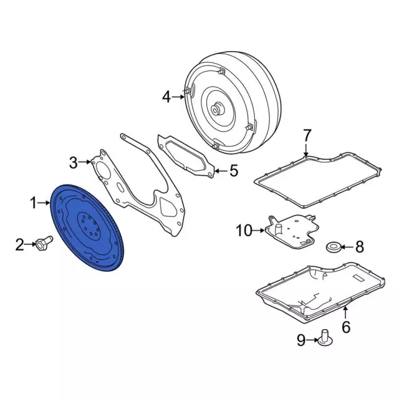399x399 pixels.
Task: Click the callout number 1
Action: tap(33, 203)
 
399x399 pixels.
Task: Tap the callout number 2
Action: tap(19, 244)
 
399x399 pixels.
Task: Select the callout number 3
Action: tap(74, 163)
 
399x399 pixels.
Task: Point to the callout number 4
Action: tap(166, 97)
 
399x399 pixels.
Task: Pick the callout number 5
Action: tap(234, 170)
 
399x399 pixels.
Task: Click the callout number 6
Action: tap(346, 327)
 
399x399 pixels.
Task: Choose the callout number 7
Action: tap(307, 135)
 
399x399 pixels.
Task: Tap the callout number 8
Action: tap(360, 247)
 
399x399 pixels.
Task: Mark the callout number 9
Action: tap(301, 340)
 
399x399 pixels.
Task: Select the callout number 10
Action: tap(244, 231)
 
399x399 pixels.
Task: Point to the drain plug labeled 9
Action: tap(325, 338)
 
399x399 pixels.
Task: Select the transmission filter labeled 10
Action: tap(292, 230)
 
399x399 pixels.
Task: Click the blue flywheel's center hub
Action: tap(90, 224)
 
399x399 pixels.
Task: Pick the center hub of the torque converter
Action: tap(218, 109)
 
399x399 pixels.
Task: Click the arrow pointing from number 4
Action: tap(178, 97)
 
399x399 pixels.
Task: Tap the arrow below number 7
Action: tap(305, 150)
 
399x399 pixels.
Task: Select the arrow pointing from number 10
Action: tap(258, 231)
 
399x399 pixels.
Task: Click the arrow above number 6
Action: tap(345, 312)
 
